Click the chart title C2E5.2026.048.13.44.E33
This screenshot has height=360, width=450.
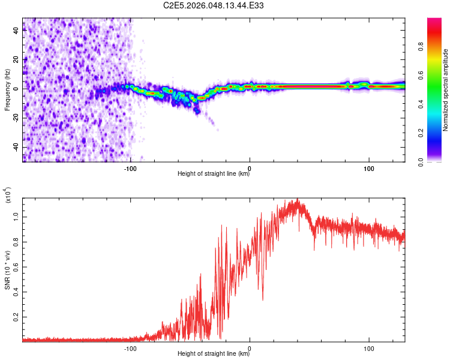coord(214,5)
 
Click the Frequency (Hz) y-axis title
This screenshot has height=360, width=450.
coord(7,89)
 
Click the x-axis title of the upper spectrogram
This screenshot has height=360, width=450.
coord(214,173)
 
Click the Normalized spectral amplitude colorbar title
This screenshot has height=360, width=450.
coord(446,90)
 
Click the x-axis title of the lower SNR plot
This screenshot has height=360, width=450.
coord(214,354)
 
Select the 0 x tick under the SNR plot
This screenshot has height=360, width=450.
coord(250,347)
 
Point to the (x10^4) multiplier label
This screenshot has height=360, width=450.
coord(7,196)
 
